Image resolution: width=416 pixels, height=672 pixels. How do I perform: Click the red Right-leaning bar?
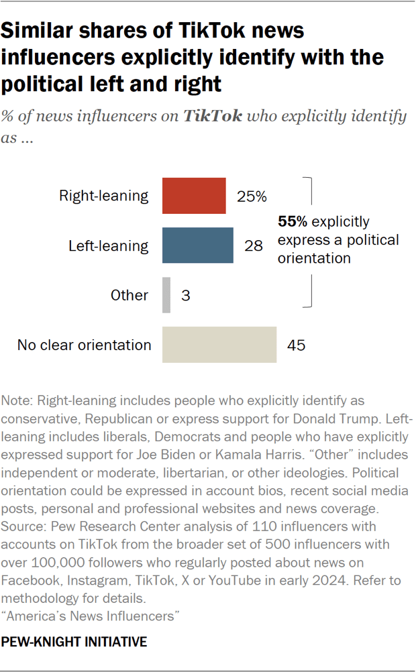(194, 196)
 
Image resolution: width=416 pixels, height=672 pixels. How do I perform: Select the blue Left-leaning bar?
(197, 245)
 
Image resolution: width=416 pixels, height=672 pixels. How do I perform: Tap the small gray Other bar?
(166, 295)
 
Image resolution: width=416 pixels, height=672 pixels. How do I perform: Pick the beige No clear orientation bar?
(219, 345)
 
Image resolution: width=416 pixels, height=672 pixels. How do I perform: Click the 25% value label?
(252, 197)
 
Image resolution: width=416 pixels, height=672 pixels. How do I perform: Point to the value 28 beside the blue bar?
(253, 246)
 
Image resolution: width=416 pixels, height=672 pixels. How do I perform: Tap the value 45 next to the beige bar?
(296, 345)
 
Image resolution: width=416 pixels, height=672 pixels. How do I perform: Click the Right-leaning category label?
(104, 196)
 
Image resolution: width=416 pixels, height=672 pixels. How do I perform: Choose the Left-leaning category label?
(109, 245)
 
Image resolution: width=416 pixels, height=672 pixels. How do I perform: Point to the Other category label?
(130, 295)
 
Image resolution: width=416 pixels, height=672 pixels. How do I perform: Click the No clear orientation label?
(85, 345)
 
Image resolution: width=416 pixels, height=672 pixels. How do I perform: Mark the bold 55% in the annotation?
(290, 221)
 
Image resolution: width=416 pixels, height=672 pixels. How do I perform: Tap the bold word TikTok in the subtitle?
(213, 115)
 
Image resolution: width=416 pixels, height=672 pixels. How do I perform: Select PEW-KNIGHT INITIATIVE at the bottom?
(74, 642)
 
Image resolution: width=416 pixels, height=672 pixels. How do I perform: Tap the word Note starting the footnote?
(17, 401)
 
